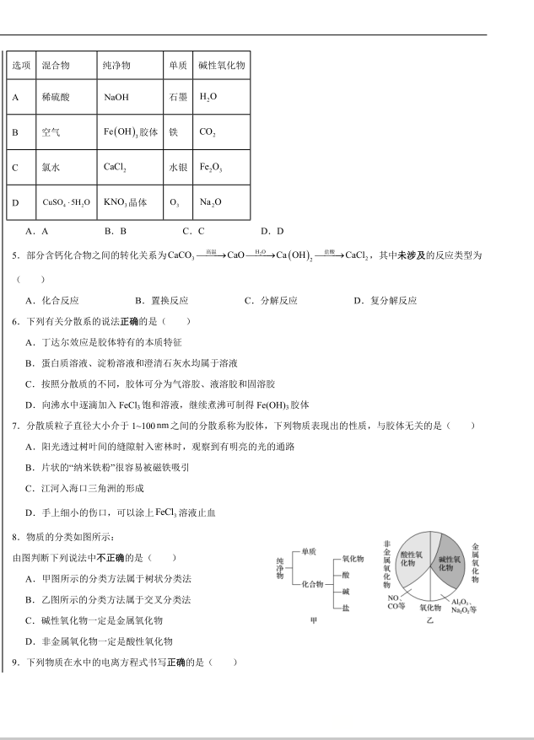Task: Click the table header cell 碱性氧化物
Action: coord(221,65)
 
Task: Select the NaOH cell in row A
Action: coord(116,97)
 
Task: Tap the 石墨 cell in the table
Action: coord(178,97)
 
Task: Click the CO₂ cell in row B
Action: coord(208,132)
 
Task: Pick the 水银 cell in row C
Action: coord(178,168)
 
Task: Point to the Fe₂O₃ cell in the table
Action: coord(211,168)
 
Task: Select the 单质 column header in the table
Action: coord(178,65)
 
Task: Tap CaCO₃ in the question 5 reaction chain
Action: coord(181,255)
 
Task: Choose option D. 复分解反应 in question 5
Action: coord(385,300)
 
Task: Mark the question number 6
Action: coord(16,321)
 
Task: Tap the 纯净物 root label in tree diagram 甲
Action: coord(280,568)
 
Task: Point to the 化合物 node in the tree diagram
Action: coord(311,584)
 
